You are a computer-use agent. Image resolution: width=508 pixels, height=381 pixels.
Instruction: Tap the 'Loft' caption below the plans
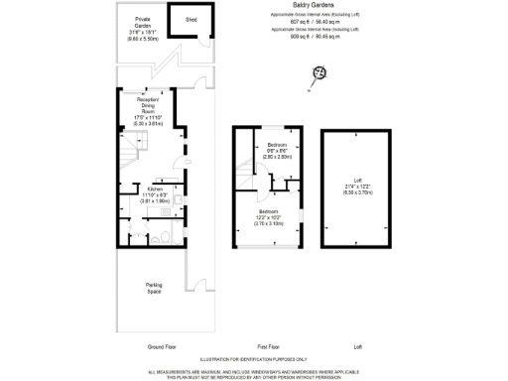(x=358, y=347)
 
